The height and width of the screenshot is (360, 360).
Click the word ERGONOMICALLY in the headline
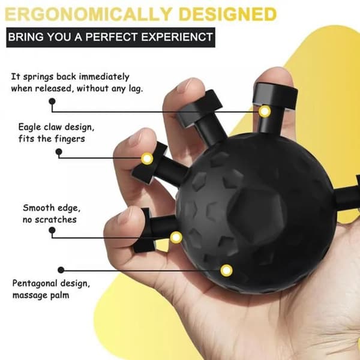tap(88, 14)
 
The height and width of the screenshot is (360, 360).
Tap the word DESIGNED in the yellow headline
tap(228, 14)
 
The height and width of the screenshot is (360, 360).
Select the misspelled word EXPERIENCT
tap(177, 37)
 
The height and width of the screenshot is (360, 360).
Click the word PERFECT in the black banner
tap(112, 37)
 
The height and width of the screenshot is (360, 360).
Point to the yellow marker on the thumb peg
tap(265, 112)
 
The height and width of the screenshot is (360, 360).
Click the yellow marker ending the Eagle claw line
tap(147, 158)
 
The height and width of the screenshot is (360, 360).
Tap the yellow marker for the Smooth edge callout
tap(176, 237)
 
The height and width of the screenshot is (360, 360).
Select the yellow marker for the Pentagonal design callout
tap(226, 270)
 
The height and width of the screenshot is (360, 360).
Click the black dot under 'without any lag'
tap(52, 101)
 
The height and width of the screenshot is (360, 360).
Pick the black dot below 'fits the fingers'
tap(59, 152)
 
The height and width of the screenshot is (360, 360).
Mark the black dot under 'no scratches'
tap(52, 230)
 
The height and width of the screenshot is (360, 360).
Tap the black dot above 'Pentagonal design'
tap(61, 270)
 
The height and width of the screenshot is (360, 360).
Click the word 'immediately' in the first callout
tap(104, 77)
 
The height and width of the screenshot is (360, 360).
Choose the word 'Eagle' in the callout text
tap(29, 127)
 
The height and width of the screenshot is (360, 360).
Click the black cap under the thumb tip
tap(275, 97)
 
